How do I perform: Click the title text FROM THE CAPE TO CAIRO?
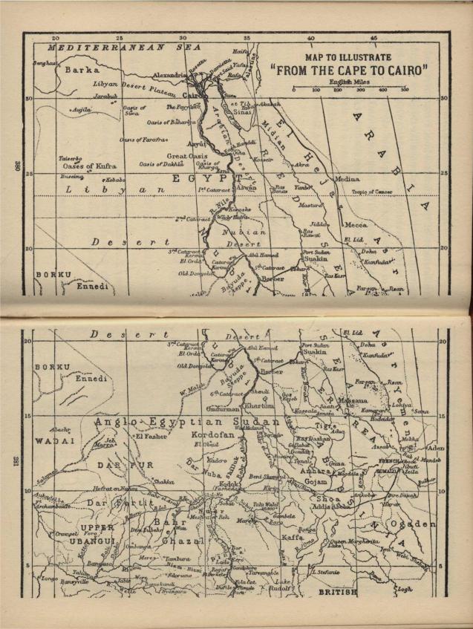(350, 71)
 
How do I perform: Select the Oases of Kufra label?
(88, 166)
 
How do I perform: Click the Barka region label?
(81, 69)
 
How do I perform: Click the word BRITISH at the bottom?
(337, 592)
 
